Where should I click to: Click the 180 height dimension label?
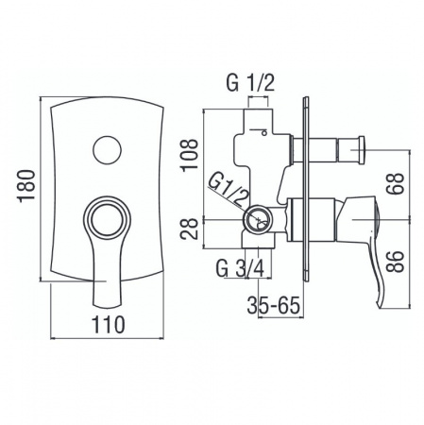(x=26, y=186)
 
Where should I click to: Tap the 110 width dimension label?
(x=109, y=325)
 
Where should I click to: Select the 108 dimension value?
(x=190, y=155)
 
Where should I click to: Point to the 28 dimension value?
(x=190, y=229)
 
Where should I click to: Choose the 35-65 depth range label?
(x=273, y=305)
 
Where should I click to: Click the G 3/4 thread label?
(x=241, y=268)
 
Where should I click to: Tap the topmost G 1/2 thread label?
(x=250, y=83)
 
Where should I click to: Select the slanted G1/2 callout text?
(x=228, y=190)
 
